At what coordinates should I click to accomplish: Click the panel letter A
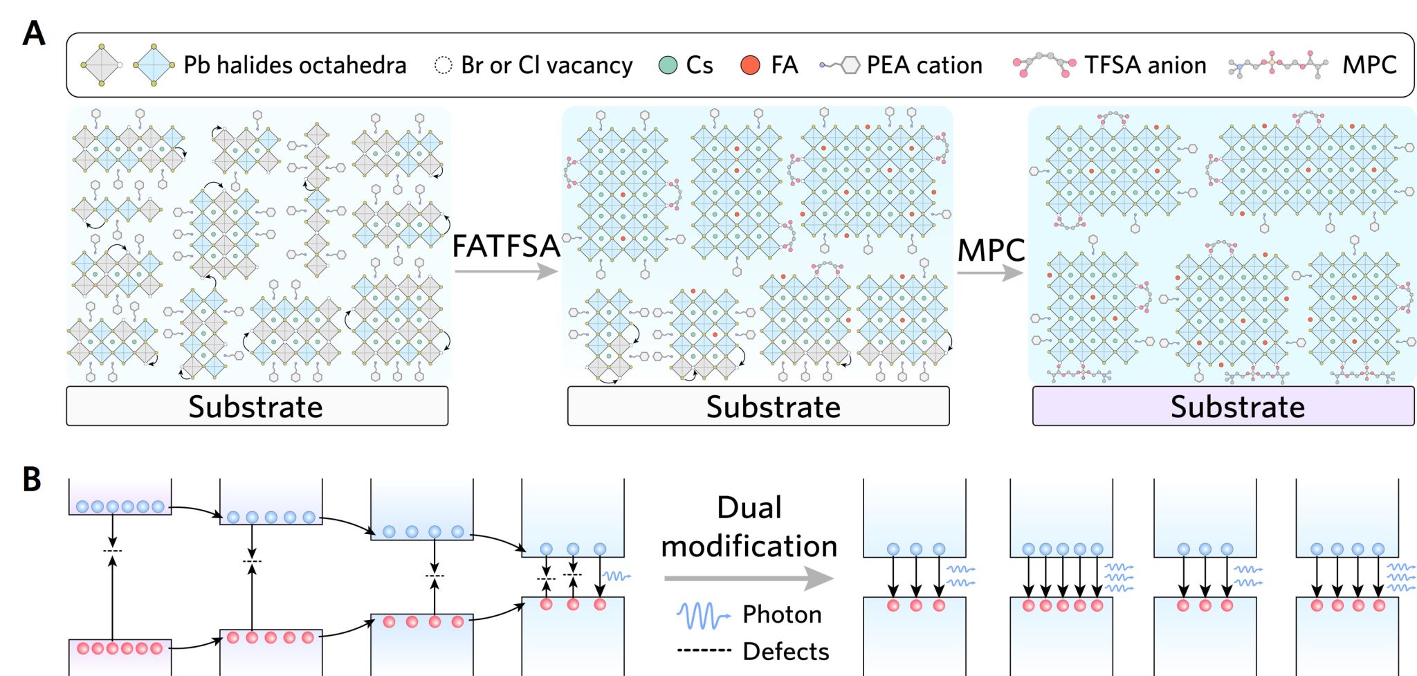click(34, 33)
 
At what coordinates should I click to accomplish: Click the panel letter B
click(32, 479)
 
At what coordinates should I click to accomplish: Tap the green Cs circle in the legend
click(668, 66)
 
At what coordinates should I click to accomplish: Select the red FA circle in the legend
click(750, 66)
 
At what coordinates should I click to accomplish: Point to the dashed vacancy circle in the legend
click(443, 65)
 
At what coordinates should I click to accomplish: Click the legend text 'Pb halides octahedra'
click(295, 65)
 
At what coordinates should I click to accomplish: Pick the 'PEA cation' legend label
click(924, 65)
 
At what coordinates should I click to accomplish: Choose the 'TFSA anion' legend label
click(1145, 65)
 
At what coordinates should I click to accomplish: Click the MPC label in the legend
click(1369, 65)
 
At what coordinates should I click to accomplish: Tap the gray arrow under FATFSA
click(506, 271)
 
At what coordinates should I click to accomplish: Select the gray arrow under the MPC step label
click(990, 273)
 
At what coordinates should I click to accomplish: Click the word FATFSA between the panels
click(506, 246)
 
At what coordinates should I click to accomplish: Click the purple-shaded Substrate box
click(1223, 406)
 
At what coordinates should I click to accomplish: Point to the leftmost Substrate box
click(257, 406)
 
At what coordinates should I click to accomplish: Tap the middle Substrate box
click(758, 406)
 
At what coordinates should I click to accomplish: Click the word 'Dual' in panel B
click(749, 507)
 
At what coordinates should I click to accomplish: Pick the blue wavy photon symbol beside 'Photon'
click(703, 614)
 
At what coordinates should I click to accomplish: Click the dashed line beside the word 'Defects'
click(704, 650)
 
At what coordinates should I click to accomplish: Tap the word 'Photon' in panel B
click(782, 614)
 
